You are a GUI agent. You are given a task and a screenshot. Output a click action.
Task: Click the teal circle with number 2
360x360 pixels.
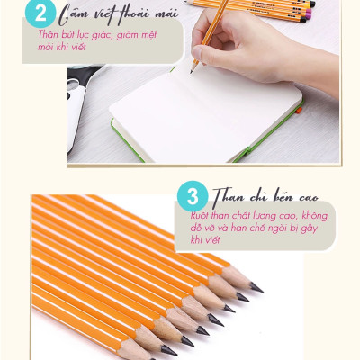(x=40, y=13)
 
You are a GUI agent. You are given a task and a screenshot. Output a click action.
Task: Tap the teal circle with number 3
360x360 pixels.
(x=193, y=196)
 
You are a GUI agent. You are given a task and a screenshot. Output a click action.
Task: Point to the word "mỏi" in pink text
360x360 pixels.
(x=46, y=47)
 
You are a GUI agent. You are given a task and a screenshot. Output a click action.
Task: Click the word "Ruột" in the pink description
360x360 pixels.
(x=200, y=215)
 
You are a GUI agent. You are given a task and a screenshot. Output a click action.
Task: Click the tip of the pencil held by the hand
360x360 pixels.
(x=191, y=72)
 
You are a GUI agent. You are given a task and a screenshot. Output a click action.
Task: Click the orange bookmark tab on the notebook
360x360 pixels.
(x=298, y=111)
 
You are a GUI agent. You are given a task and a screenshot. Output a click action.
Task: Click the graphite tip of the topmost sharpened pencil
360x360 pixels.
(x=256, y=287)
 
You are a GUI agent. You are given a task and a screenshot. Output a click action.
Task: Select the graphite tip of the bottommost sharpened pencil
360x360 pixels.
(x=168, y=350)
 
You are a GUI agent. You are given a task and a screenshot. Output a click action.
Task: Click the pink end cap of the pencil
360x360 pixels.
(x=308, y=13)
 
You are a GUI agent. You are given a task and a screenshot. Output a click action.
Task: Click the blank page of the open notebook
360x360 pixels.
(x=206, y=115)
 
